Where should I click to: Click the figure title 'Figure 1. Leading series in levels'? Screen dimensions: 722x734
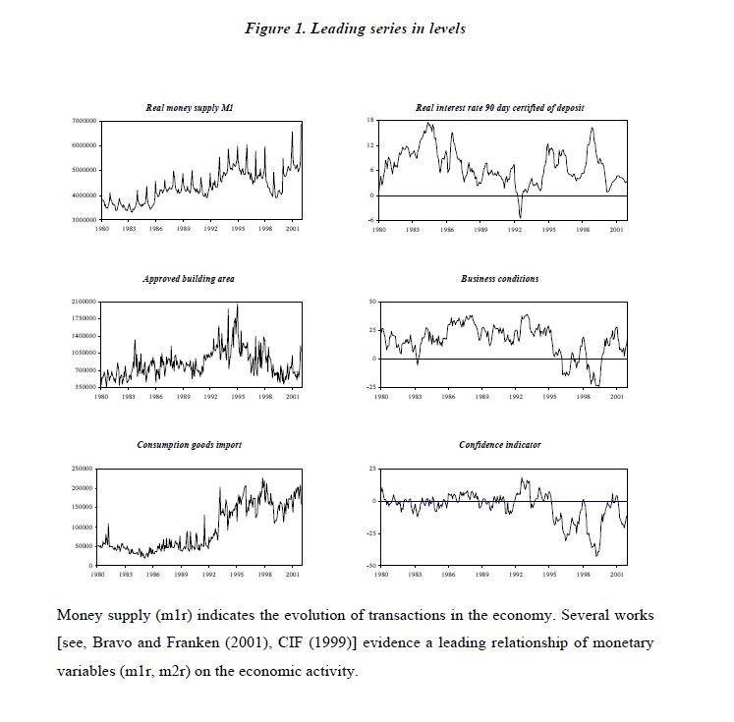click(355, 28)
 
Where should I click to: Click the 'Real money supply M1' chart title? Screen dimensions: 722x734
click(183, 108)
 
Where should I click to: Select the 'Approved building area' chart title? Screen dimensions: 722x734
click(189, 279)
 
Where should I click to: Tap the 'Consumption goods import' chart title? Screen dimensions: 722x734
click(189, 445)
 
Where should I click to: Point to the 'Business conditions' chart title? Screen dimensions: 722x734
click(499, 279)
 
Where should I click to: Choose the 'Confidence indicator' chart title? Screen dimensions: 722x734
click(499, 445)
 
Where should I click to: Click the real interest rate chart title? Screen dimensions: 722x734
click(500, 108)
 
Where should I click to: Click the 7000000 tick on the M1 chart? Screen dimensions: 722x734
click(83, 120)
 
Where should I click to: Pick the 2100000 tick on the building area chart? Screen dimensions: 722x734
click(83, 302)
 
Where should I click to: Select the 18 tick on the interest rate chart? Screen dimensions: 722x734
click(370, 120)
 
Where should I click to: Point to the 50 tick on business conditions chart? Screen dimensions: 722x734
click(370, 302)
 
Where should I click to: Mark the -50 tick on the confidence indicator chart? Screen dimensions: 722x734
click(370, 566)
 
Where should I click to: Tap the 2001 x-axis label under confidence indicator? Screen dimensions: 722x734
click(615, 574)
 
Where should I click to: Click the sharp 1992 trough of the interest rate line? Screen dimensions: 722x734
click(520, 215)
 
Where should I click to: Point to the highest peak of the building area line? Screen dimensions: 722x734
click(237, 305)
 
